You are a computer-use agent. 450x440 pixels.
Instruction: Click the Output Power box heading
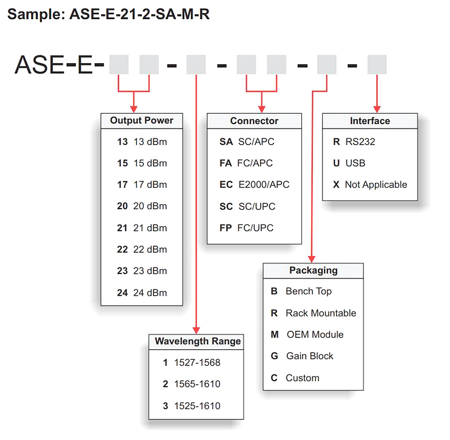(142, 120)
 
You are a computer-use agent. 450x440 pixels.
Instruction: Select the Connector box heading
(254, 121)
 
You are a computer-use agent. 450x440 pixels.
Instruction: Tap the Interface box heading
(370, 121)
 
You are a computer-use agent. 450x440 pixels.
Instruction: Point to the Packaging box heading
(314, 270)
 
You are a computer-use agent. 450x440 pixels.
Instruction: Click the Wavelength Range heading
(198, 341)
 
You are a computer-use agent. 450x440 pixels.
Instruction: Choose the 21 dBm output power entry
(142, 228)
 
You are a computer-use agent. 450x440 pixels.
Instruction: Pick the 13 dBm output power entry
(142, 142)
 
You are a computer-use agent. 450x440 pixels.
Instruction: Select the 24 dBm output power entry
(142, 293)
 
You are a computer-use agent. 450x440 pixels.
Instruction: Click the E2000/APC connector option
(254, 184)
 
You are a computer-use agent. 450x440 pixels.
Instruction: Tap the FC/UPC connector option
(246, 228)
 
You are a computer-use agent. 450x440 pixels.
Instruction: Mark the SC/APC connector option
(247, 142)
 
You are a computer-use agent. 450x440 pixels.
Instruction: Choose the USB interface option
(349, 163)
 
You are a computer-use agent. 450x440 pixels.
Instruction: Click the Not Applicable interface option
(370, 184)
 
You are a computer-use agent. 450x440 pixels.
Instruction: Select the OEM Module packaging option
(307, 335)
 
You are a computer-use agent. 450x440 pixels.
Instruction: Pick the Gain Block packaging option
(302, 356)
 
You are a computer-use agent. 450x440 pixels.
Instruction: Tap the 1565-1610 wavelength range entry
(191, 384)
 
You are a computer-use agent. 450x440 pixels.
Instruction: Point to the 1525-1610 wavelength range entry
(191, 406)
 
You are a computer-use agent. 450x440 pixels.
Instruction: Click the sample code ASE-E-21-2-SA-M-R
(140, 14)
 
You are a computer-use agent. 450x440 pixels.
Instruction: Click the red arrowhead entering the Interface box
(377, 109)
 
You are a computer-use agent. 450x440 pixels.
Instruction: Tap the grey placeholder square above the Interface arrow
(377, 65)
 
